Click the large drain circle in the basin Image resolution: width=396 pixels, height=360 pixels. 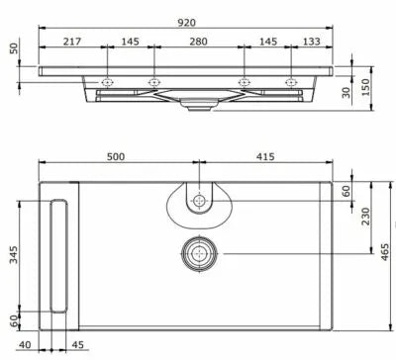click(199, 254)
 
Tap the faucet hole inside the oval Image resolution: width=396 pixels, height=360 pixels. click(199, 201)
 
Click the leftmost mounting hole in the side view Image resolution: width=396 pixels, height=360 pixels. click(107, 81)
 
